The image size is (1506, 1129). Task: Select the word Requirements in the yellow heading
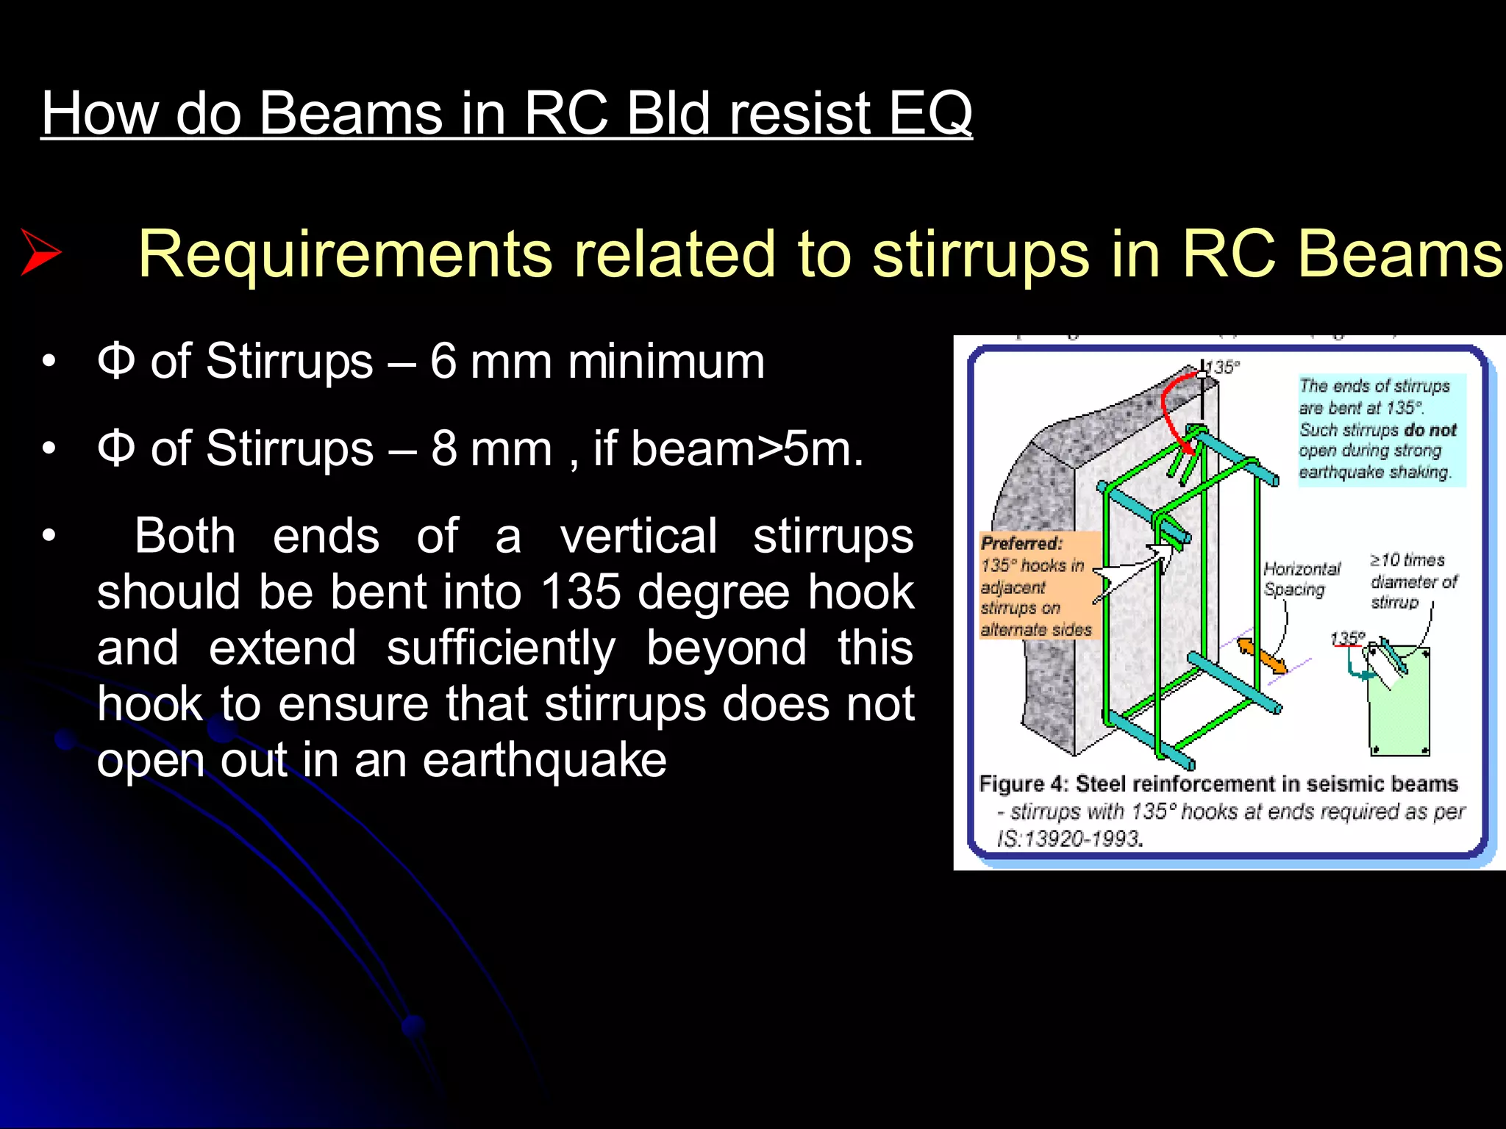click(x=345, y=254)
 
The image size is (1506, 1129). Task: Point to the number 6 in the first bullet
click(x=443, y=362)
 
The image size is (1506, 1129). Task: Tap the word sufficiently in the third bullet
click(x=501, y=648)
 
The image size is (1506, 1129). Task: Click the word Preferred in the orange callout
click(x=1021, y=544)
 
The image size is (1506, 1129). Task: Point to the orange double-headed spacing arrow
click(x=1261, y=656)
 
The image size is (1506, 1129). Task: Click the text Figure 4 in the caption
click(x=1023, y=784)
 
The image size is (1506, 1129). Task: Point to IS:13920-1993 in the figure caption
click(x=1069, y=838)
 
